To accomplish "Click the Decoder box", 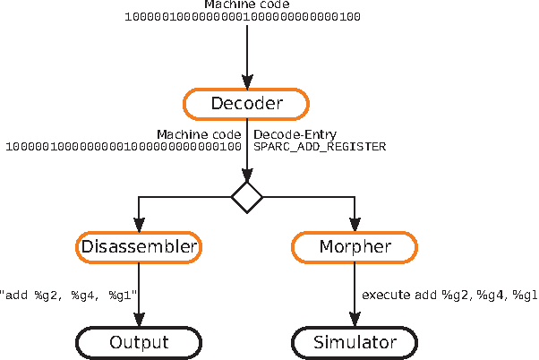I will click(x=246, y=104).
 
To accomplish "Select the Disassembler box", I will click(x=138, y=246).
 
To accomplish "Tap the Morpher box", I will click(x=355, y=246).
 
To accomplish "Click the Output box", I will click(x=138, y=342).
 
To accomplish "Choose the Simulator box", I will click(x=355, y=342).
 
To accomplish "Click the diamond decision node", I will click(x=246, y=196).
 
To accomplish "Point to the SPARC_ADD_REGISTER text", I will click(x=320, y=146).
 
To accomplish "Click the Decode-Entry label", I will click(x=295, y=134).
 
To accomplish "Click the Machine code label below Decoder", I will click(x=199, y=134).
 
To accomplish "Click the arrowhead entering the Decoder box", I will click(x=246, y=81).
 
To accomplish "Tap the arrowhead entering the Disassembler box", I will click(x=138, y=226).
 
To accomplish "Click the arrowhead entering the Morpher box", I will click(x=355, y=226).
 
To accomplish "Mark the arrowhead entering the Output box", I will click(x=138, y=321).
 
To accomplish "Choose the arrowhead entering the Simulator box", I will click(x=355, y=321).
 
